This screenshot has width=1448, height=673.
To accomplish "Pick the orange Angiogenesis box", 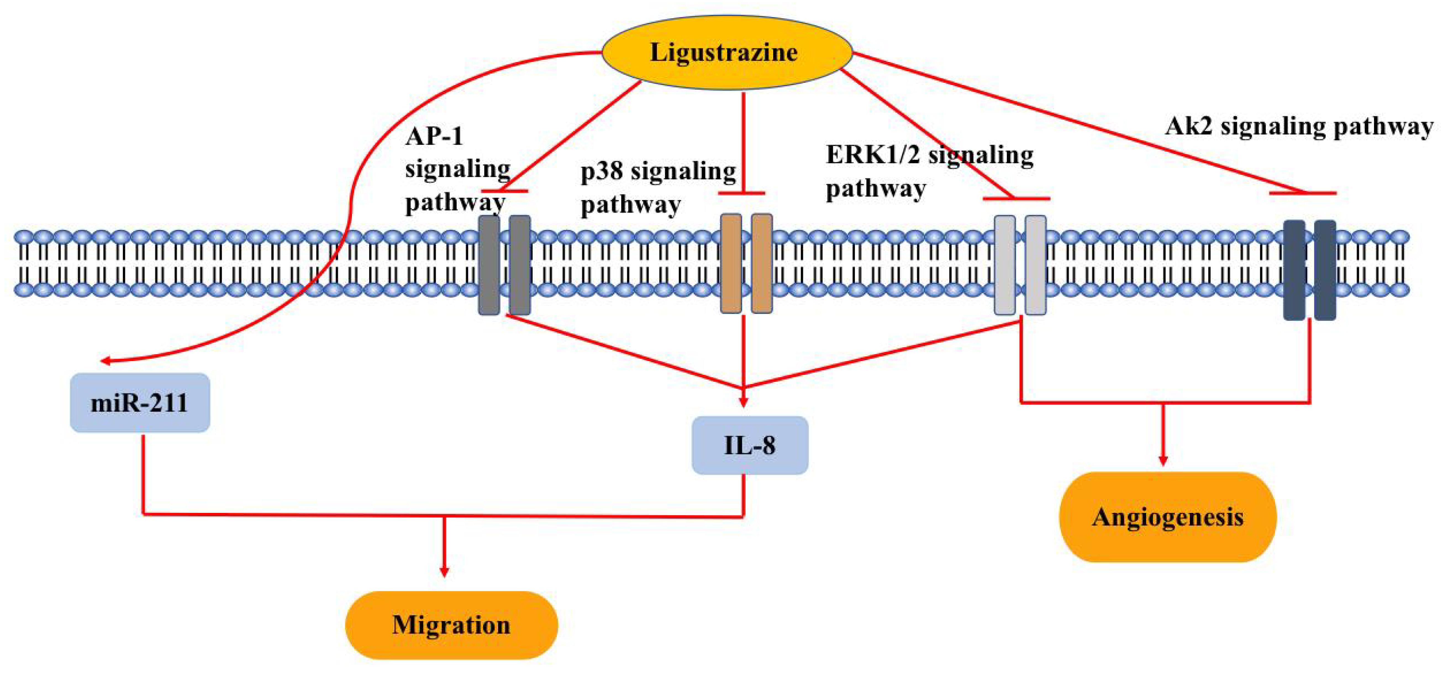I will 1168,517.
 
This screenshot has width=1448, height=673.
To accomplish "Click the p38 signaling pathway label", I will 658,187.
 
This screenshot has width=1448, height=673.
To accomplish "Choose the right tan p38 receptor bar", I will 762,263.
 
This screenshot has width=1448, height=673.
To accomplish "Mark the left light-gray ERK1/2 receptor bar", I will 1005,265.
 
